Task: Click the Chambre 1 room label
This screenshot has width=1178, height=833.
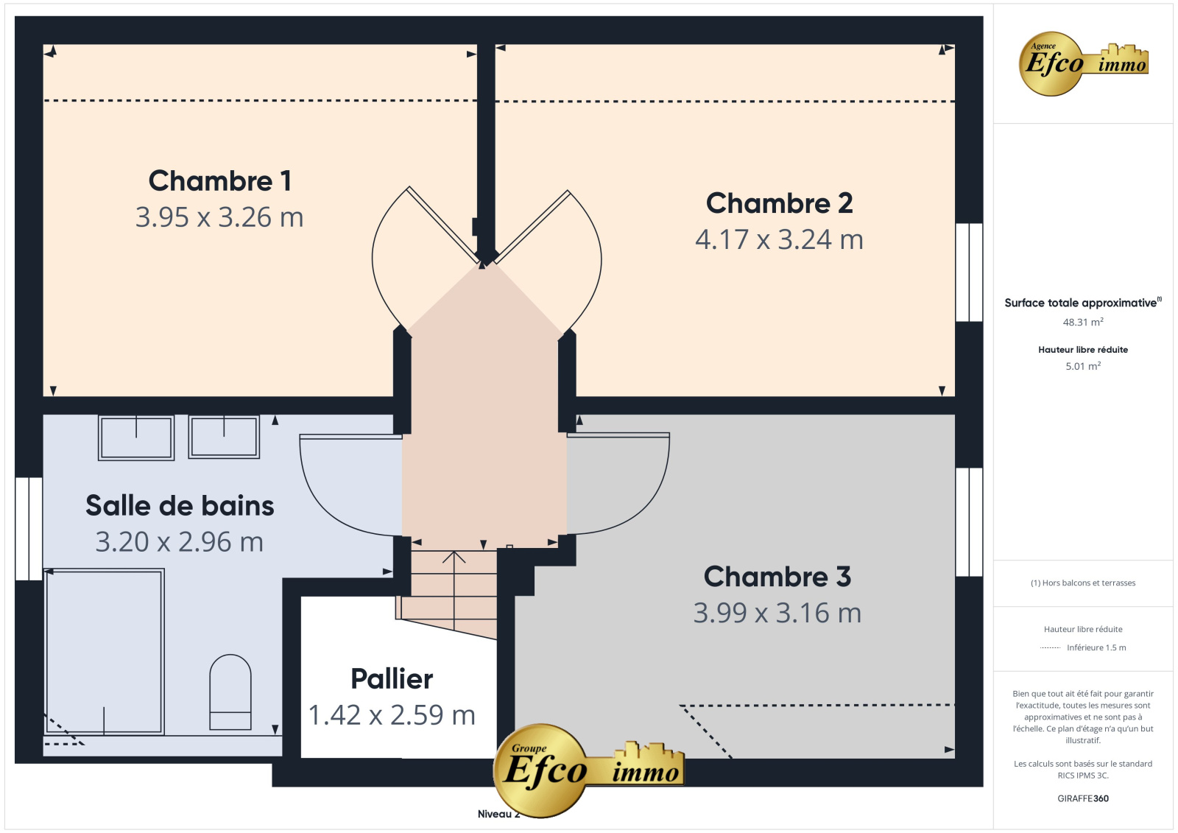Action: [x=220, y=181]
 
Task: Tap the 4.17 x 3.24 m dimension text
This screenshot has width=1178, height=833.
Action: [x=779, y=239]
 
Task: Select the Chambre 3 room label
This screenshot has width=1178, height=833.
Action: [x=777, y=577]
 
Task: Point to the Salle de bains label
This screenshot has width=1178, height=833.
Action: [x=180, y=506]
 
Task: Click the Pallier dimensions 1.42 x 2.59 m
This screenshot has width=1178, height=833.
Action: [x=392, y=714]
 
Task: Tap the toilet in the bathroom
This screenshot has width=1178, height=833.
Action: [x=230, y=692]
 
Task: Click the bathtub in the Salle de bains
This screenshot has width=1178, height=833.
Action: [x=105, y=652]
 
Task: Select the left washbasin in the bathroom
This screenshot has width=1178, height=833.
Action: [x=136, y=437]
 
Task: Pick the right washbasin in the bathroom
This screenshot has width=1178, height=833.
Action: [x=224, y=437]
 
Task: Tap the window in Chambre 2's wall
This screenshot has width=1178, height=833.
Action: [x=969, y=272]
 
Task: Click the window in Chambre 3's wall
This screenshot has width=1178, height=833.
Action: [x=969, y=522]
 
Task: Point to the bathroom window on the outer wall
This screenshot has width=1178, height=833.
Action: [x=29, y=529]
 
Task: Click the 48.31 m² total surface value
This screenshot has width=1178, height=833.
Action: [x=1083, y=322]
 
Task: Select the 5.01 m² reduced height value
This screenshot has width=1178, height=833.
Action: [x=1083, y=366]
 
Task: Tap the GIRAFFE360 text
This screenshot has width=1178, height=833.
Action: [x=1083, y=798]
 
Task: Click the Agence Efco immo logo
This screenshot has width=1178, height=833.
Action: [x=1083, y=63]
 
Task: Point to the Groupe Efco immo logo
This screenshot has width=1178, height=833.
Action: [x=588, y=770]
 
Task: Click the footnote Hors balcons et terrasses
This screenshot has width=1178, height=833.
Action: [x=1083, y=583]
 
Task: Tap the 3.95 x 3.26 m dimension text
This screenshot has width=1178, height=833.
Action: [x=219, y=217]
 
